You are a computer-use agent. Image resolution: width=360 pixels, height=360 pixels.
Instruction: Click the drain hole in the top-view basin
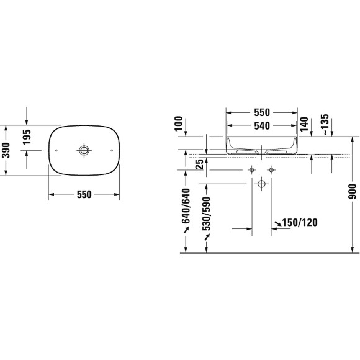pos(84,150)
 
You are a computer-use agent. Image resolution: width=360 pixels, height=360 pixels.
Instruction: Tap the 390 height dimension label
pos(6,150)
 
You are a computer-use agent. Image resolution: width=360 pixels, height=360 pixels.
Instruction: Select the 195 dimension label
pos(27,138)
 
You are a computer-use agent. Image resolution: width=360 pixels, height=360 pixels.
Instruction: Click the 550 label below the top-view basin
pos(84,194)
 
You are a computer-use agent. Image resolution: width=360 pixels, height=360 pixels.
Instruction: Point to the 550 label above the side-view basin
pos(261,112)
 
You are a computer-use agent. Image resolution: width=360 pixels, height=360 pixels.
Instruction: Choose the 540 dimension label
pos(261,125)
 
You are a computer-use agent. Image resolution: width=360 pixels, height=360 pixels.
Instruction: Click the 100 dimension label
pos(181,122)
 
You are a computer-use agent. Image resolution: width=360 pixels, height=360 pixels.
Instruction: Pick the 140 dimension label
pos(304,124)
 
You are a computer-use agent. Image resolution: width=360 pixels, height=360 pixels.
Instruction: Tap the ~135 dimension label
pos(325,124)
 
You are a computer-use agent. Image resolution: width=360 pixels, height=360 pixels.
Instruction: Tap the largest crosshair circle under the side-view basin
pos(261,184)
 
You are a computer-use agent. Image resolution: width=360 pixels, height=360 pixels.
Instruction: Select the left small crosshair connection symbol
pos(252,170)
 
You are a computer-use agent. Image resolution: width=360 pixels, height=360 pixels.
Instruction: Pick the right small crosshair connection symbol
pos(271,170)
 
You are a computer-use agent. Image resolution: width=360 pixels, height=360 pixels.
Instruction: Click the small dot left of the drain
pos(56,150)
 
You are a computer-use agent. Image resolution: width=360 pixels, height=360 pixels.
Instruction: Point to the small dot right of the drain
pos(112,150)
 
